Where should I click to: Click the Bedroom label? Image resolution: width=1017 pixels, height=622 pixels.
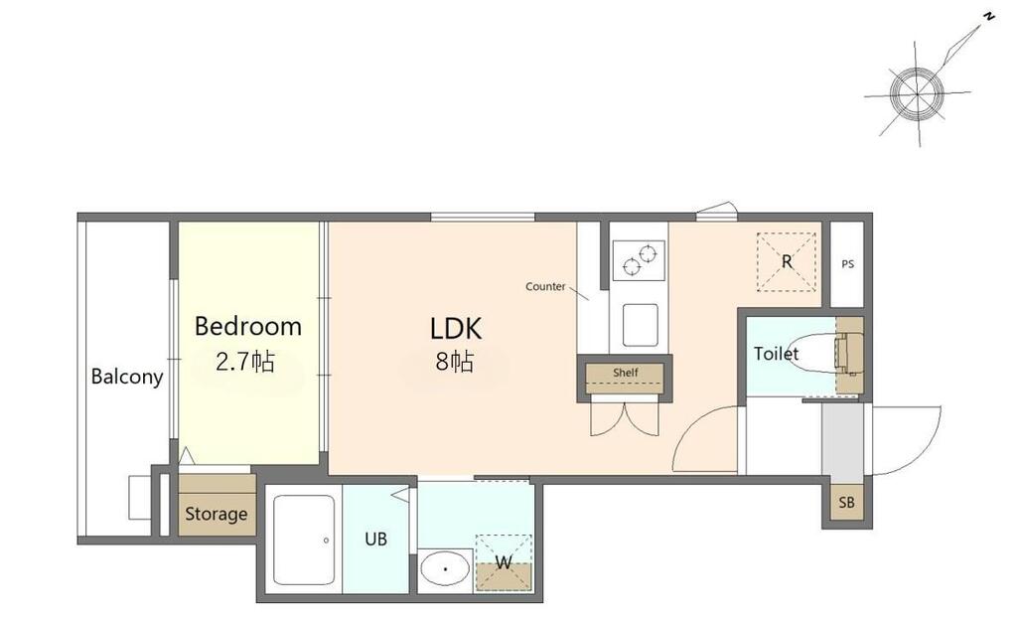click(247, 326)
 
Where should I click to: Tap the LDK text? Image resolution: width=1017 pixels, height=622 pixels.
click(455, 329)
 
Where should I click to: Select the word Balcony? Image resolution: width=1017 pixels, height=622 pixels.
click(127, 377)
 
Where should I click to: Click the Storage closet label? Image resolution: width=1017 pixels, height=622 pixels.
click(216, 514)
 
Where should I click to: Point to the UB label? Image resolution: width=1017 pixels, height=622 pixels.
click(375, 539)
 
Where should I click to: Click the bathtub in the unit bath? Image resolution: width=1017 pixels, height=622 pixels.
click(304, 540)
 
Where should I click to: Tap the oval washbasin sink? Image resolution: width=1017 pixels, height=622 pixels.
click(445, 568)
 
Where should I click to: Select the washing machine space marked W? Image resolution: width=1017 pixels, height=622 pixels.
click(504, 562)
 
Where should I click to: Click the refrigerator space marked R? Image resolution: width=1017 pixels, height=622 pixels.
click(787, 261)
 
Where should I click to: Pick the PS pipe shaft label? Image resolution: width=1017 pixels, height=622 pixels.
click(848, 264)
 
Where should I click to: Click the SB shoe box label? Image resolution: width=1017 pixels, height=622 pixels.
click(846, 502)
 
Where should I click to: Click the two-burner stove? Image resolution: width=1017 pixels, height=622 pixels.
click(639, 260)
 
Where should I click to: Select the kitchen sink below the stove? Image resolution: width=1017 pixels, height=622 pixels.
click(641, 325)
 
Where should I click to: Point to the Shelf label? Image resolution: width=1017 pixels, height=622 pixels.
click(626, 373)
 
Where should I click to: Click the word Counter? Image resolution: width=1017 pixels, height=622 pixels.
click(545, 286)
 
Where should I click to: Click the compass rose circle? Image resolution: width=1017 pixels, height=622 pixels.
click(917, 94)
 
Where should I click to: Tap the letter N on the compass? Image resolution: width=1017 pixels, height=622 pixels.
click(988, 18)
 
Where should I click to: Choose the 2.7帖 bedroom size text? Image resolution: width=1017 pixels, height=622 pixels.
click(245, 361)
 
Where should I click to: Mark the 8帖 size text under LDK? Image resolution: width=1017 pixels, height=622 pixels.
click(455, 362)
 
